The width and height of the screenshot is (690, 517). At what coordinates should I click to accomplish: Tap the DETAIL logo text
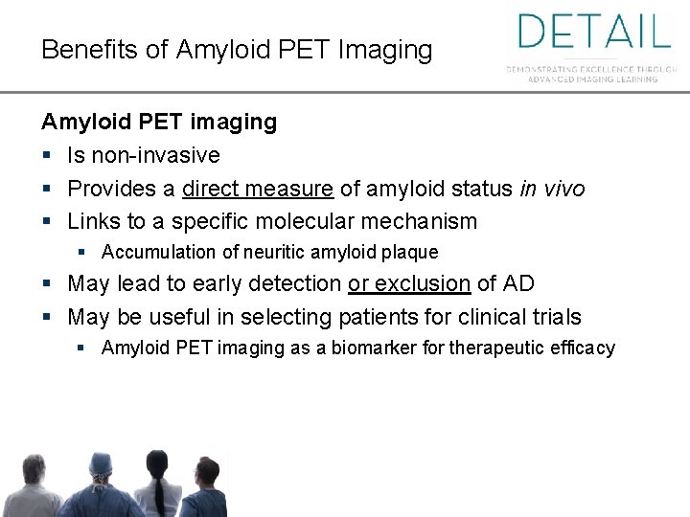[594, 31]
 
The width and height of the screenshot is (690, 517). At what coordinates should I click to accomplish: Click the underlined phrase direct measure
[258, 189]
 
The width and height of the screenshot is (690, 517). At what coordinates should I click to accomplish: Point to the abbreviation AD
[518, 283]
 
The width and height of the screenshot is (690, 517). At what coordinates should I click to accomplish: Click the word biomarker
[369, 348]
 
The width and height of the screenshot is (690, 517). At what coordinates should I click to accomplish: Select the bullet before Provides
[47, 189]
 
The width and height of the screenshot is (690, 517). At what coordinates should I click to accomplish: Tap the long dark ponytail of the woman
[150, 493]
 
